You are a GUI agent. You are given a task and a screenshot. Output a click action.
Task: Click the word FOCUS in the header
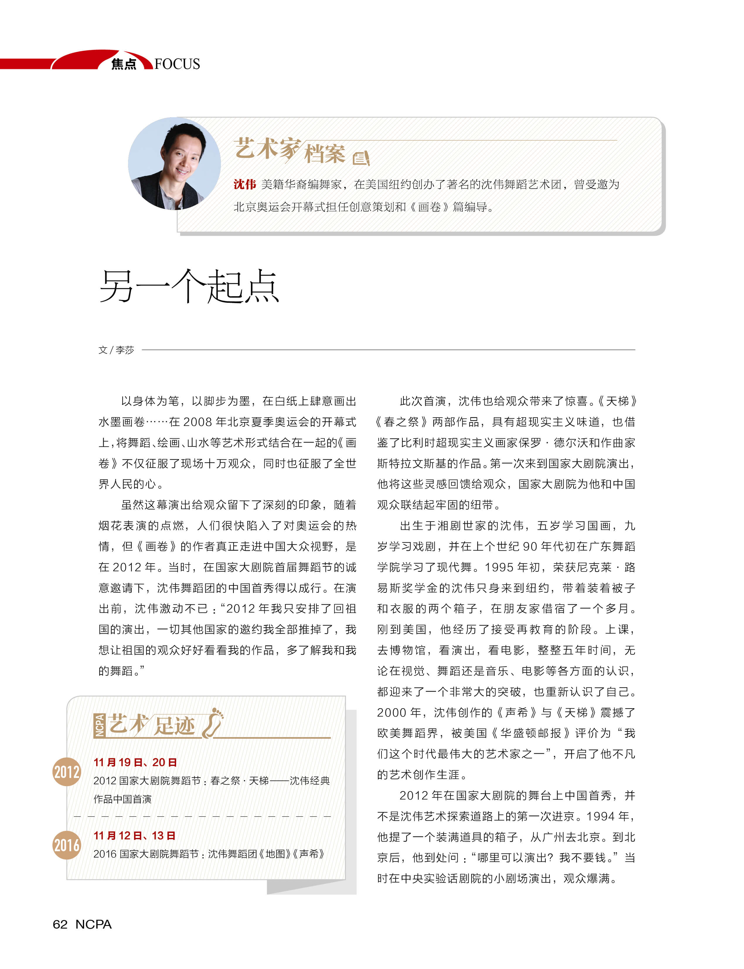(177, 64)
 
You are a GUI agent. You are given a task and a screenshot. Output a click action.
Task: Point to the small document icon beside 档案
(361, 158)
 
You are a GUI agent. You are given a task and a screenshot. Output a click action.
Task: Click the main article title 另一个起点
(189, 287)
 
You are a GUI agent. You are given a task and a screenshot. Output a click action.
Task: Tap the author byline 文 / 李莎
(116, 350)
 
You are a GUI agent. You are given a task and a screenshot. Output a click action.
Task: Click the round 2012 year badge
(67, 772)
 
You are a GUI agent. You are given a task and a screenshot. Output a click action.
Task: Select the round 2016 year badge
(67, 845)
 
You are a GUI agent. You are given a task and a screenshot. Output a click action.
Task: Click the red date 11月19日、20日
(135, 762)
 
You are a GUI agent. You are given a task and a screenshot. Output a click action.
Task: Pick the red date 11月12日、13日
(135, 836)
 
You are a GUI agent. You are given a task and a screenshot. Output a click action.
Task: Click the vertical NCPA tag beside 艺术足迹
(100, 726)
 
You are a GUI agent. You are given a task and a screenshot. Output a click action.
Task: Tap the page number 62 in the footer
(60, 924)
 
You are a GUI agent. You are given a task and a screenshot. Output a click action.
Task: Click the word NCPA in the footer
(93, 924)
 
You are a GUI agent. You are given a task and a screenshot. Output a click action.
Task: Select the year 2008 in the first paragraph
(198, 422)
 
